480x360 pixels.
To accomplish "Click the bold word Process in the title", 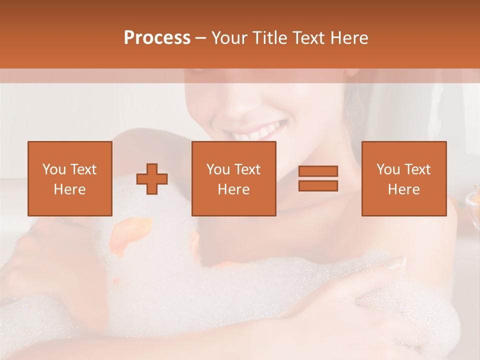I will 157,38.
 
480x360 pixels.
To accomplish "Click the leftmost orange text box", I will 69,178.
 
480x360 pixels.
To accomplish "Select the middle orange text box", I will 233,178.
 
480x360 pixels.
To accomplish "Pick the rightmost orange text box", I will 403,178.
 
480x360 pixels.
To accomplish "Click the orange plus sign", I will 152,179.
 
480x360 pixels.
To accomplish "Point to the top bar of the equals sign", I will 318,171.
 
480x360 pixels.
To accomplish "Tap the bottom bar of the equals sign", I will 318,185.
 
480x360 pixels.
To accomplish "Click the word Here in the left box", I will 69,189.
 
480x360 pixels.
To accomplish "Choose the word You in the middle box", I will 218,169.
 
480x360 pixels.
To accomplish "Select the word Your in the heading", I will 228,38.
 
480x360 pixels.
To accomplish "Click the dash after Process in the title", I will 200,38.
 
